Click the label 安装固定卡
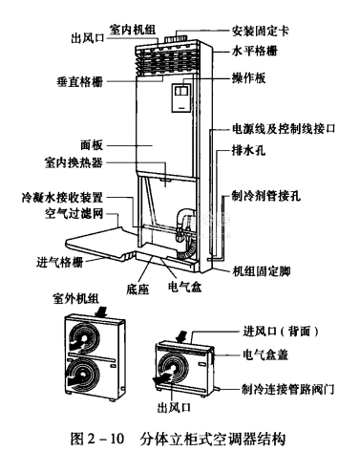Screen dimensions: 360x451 point(261,31)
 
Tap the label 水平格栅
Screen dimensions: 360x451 point(255,51)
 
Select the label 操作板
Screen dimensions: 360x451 point(248,78)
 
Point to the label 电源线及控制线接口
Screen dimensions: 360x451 point(284,129)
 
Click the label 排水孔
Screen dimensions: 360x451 point(248,150)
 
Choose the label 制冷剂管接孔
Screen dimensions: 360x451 point(266,196)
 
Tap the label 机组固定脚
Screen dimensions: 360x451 point(261,271)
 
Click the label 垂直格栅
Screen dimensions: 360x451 point(80,82)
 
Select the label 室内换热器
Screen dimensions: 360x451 point(74,162)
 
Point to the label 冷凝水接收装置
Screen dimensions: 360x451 point(62,198)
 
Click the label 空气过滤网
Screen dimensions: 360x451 point(74,214)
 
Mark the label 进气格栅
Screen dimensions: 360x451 point(60,262)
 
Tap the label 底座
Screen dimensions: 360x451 point(138,289)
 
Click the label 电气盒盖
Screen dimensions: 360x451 point(265,354)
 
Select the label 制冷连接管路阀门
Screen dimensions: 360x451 point(288,389)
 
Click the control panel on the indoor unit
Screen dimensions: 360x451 point(182,97)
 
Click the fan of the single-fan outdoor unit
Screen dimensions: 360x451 point(173,369)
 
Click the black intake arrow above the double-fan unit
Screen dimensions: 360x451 point(101,311)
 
